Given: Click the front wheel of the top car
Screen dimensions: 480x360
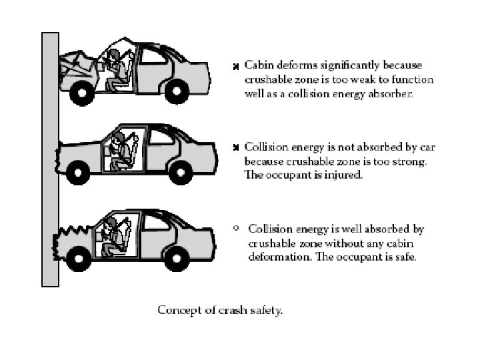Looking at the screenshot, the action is point(82,93).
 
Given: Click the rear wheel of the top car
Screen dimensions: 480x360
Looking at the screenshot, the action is point(178,90).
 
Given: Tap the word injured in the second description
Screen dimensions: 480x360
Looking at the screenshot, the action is point(331,176).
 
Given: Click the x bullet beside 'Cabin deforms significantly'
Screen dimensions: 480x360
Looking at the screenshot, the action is point(235,67).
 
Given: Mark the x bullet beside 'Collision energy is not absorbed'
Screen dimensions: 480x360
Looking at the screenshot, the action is point(235,147).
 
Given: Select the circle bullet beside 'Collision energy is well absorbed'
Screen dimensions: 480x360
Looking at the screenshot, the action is point(236,228).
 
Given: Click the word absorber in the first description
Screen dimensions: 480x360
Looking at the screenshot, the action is point(392,95).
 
